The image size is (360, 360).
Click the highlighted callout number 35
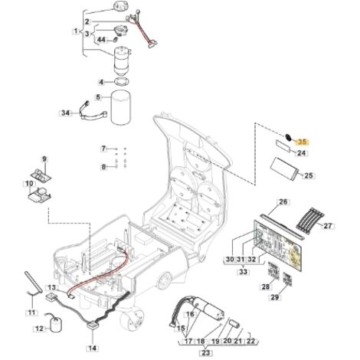302,142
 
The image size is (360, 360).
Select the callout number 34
65,113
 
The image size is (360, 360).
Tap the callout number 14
93,348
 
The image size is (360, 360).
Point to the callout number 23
205,353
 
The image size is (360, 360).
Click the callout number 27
328,226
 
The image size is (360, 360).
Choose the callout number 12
39,329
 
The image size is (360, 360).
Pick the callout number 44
101,40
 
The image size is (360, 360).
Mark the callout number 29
275,297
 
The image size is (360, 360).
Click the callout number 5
98,97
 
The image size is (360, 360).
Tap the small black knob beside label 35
288,137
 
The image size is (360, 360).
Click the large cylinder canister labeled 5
121,107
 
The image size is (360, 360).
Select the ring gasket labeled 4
122,82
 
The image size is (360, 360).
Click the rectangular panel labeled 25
286,169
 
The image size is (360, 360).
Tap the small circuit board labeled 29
287,279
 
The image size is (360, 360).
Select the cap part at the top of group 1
120,5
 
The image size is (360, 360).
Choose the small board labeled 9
41,175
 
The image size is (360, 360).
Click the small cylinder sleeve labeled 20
234,324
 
